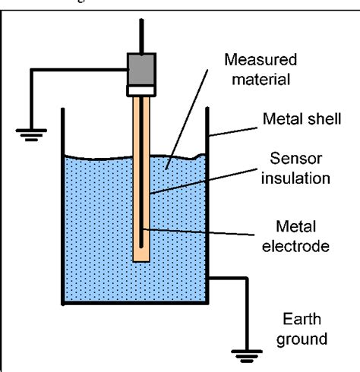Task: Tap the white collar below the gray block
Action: tap(141, 90)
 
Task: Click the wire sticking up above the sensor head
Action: tap(141, 30)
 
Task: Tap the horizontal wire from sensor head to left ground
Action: tap(76, 71)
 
